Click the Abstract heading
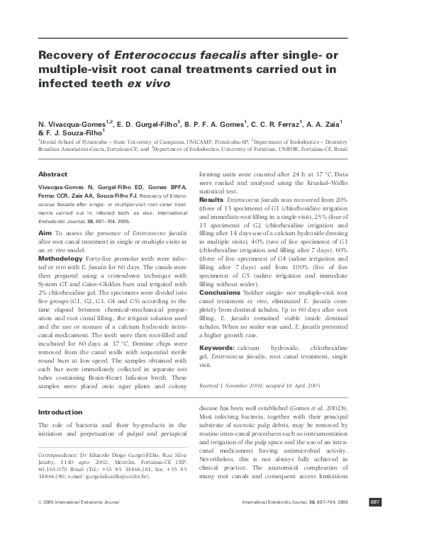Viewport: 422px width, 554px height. tap(52, 174)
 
